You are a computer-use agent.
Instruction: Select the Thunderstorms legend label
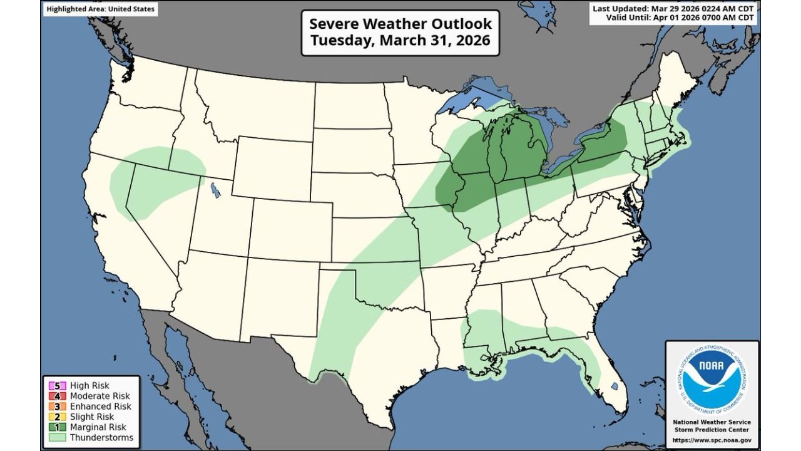pyautogui.click(x=101, y=437)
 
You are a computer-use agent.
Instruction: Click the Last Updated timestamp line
pyautogui.click(x=673, y=9)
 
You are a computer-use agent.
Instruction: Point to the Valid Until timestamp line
pyautogui.click(x=680, y=18)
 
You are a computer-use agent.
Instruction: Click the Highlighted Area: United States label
pyautogui.click(x=100, y=9)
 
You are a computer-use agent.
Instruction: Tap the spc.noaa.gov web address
pyautogui.click(x=712, y=440)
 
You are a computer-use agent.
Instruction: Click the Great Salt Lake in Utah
pyautogui.click(x=215, y=189)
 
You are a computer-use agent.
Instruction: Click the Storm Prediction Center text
pyautogui.click(x=712, y=430)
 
